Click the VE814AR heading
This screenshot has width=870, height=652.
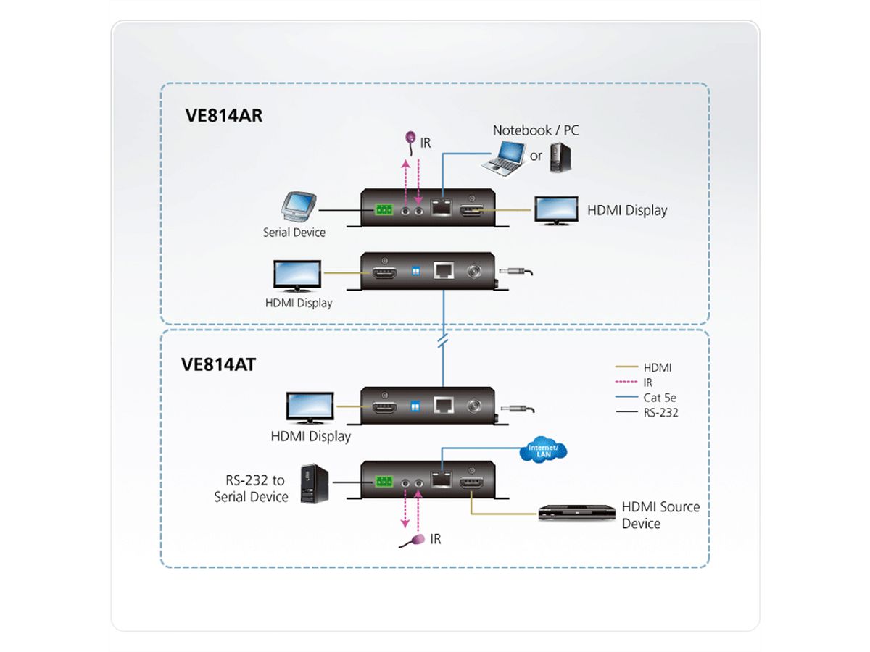(x=221, y=117)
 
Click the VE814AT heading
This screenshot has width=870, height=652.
(x=218, y=364)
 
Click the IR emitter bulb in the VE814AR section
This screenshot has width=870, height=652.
(x=410, y=136)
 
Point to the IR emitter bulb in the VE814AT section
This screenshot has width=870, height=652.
(x=418, y=540)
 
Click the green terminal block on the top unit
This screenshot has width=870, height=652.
(x=384, y=211)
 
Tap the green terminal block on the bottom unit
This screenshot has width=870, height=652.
(x=384, y=481)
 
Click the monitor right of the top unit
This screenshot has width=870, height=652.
(x=556, y=210)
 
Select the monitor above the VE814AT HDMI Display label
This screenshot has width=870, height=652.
(x=310, y=408)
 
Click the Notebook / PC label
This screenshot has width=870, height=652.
(x=536, y=130)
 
